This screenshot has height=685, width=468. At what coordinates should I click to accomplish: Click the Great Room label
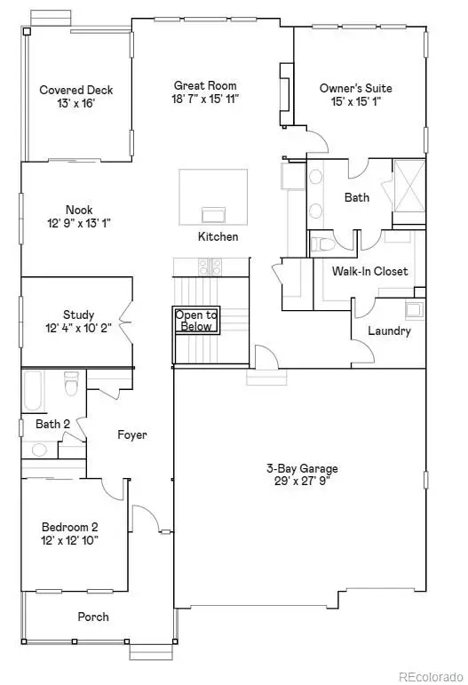(x=205, y=85)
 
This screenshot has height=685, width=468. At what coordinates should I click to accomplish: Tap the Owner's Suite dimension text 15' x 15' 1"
(x=356, y=102)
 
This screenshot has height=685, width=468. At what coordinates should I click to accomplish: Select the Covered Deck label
(x=76, y=90)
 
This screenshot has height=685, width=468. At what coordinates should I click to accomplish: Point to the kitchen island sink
(x=213, y=215)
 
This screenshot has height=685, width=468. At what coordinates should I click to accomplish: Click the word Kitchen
(x=218, y=237)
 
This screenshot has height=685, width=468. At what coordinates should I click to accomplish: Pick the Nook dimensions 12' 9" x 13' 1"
(x=78, y=223)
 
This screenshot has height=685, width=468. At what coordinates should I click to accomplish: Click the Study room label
(x=78, y=315)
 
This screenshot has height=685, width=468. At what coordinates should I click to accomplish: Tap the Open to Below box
(x=196, y=320)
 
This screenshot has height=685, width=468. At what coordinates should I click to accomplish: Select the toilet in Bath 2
(x=71, y=383)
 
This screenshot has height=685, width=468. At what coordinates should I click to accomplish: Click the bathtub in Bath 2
(x=33, y=392)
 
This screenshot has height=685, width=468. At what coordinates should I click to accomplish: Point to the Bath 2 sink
(x=39, y=450)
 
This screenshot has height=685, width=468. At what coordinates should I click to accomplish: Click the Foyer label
(x=132, y=434)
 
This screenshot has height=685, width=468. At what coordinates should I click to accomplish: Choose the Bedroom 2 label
(x=70, y=527)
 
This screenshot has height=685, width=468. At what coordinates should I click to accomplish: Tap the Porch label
(x=93, y=617)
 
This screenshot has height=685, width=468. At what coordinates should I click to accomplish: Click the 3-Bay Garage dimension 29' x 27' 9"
(x=302, y=482)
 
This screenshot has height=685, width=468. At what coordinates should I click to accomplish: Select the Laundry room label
(x=390, y=331)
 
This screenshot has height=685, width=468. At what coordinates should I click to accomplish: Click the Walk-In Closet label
(x=369, y=271)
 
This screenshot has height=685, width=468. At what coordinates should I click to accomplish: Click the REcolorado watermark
(x=431, y=677)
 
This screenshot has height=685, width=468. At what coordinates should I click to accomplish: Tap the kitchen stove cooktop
(x=210, y=267)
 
